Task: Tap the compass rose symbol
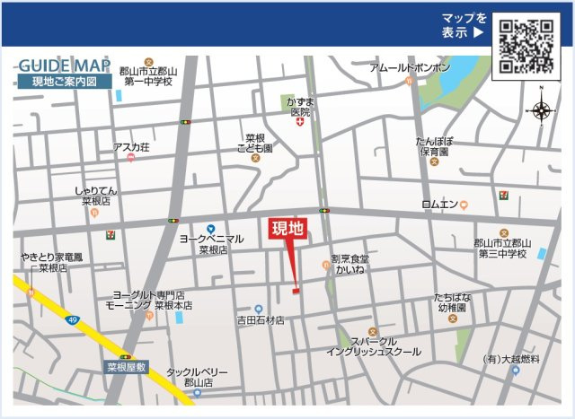(542, 110)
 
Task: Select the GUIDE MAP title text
(64, 66)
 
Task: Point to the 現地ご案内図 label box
(65, 82)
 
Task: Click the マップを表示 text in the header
(464, 25)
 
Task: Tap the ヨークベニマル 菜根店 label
(211, 244)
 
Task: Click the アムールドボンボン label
(410, 68)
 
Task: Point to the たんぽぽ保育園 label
(434, 146)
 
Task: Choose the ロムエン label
(439, 205)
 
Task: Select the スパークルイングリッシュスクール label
(373, 346)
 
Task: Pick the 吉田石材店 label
(261, 319)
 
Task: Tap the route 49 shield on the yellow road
(72, 319)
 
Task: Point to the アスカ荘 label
(131, 147)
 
